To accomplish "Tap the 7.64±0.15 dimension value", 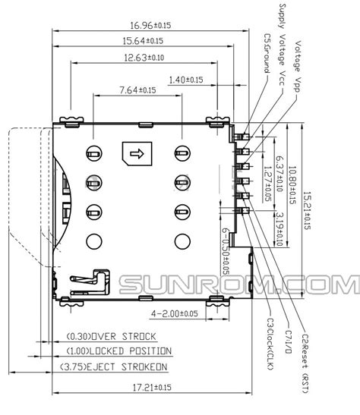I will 137,90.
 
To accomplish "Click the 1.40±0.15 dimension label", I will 185,80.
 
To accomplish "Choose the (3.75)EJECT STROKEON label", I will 114,367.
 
